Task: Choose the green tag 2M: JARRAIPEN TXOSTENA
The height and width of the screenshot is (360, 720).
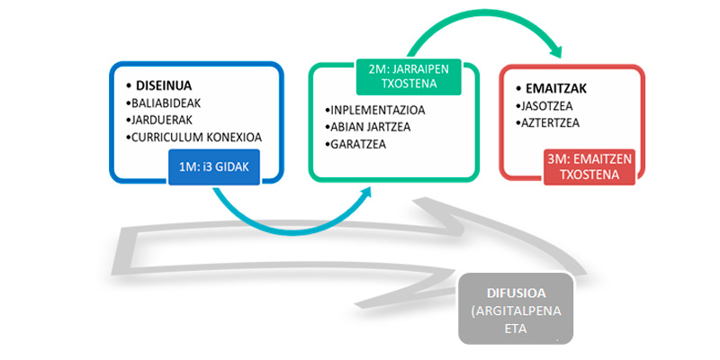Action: (409, 76)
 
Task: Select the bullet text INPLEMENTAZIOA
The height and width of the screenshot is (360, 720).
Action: (375, 111)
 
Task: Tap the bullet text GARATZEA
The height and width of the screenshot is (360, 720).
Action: (359, 143)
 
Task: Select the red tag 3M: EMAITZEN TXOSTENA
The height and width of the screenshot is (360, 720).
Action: (589, 166)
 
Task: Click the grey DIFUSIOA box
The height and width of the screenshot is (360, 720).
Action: (515, 309)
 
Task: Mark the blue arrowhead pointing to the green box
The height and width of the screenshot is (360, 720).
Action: (366, 192)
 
